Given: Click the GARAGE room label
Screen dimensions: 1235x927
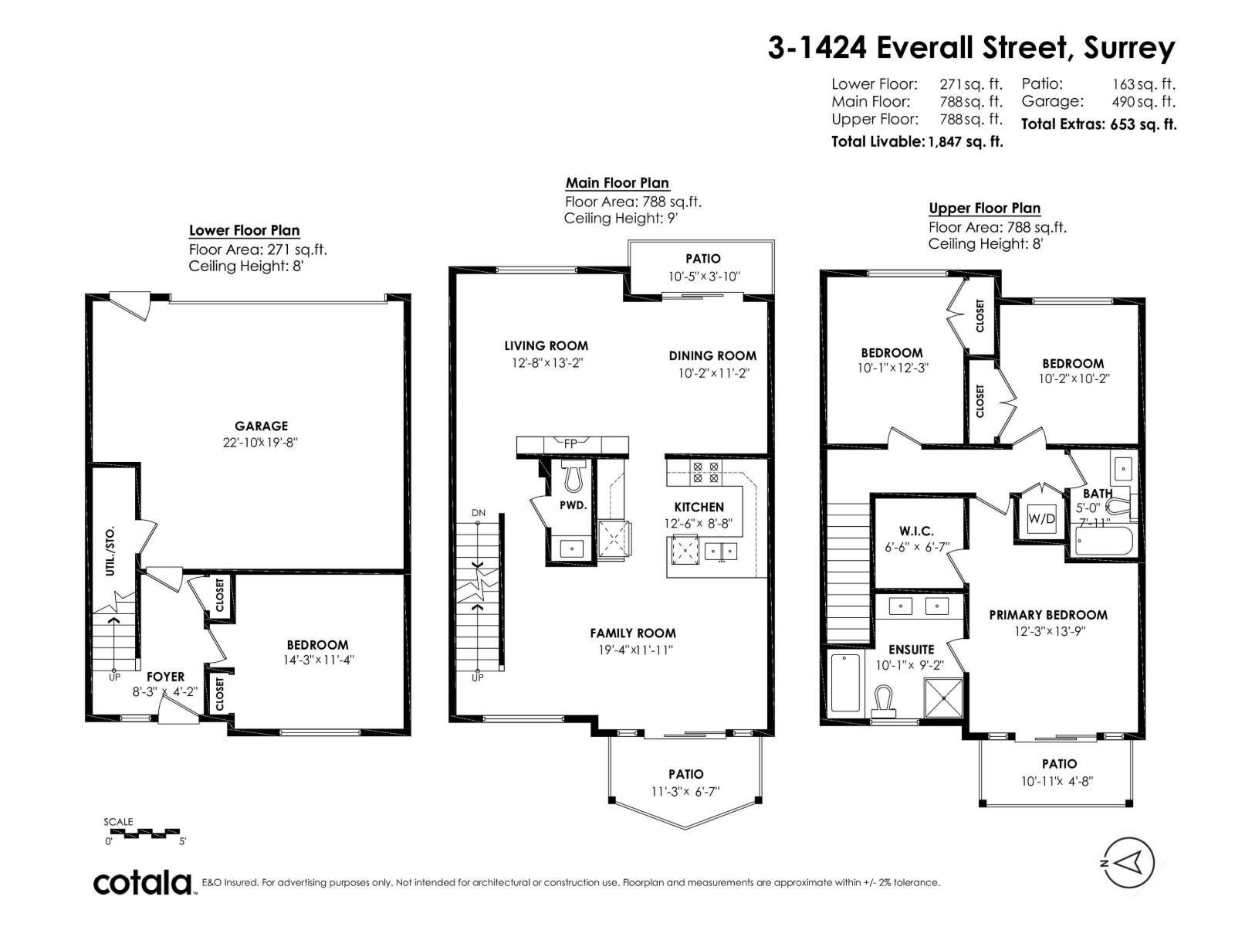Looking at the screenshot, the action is tap(261, 426).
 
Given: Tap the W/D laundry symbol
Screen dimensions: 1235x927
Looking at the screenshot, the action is tap(1041, 518).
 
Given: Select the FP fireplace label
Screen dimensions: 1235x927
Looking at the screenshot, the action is tap(570, 443).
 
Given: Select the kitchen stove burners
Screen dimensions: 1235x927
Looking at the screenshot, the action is tap(705, 472).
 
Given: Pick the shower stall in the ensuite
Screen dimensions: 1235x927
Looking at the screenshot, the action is tap(943, 698).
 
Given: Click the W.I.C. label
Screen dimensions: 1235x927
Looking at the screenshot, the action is tap(916, 531).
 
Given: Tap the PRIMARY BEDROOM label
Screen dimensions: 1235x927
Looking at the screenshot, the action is tap(1048, 615).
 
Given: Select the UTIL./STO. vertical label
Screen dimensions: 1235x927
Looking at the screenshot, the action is tap(111, 551).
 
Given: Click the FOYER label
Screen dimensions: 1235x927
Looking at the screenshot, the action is tap(165, 677).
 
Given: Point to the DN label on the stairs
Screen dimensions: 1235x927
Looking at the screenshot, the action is tap(479, 513).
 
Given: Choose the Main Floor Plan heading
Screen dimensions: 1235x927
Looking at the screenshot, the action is tap(617, 183).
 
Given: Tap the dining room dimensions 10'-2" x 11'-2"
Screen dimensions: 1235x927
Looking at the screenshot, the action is tap(713, 373).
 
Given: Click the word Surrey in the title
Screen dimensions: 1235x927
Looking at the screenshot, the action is tap(1128, 49).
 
